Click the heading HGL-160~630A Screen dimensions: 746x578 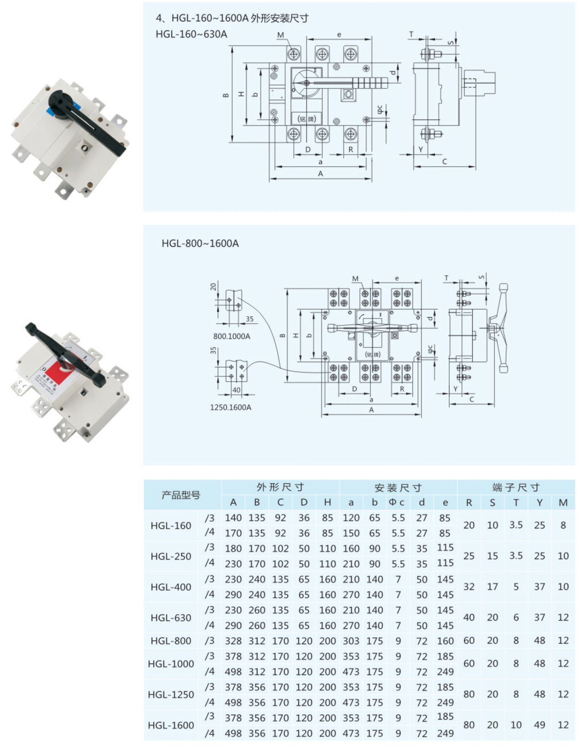pos(191,34)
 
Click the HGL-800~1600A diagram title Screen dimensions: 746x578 pos(200,243)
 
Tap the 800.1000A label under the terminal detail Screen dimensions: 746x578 pos(232,336)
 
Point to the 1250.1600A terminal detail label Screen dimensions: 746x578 pos(230,407)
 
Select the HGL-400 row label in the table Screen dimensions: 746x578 pos(171,587)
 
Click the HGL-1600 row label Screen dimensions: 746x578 pos(171,725)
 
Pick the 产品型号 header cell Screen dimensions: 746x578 pos(181,495)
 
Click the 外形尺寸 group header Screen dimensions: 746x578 pos(280,487)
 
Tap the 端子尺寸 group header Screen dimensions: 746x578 pos(516,487)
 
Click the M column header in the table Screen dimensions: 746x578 pos(563,502)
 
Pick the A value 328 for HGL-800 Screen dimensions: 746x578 pos(233,641)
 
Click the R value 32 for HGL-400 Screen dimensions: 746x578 pos(469,586)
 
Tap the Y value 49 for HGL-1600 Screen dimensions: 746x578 pos(540,725)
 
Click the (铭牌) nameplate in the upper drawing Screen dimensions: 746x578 pos(306,119)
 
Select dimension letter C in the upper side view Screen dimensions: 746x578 pos(444,161)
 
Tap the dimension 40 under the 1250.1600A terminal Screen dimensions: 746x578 pos(236,390)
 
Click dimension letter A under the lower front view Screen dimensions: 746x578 pos(371,410)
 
